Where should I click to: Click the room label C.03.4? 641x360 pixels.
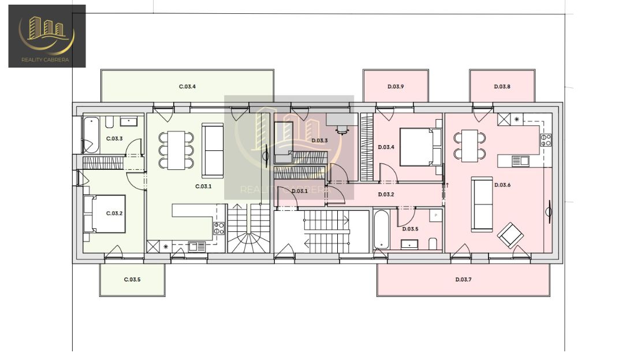[187, 87]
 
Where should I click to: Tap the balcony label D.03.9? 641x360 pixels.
[396, 87]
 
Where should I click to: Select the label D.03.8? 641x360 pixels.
[502, 87]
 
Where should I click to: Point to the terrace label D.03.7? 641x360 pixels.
[463, 280]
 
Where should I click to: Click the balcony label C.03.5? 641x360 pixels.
[132, 280]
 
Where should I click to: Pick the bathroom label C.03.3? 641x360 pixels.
[114, 139]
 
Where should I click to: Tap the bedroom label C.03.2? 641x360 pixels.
[114, 214]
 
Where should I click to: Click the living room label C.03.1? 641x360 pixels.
[203, 187]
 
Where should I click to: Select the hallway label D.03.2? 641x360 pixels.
[386, 195]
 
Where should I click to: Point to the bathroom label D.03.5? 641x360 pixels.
[410, 229]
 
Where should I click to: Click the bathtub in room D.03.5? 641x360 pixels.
[381, 229]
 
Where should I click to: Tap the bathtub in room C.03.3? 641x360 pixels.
[91, 135]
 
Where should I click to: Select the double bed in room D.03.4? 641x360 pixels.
[420, 147]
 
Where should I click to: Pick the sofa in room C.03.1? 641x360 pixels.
[213, 151]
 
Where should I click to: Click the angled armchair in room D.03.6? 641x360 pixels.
[510, 235]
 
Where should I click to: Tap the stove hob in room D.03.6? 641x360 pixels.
[546, 140]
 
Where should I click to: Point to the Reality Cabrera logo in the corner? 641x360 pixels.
[47, 36]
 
